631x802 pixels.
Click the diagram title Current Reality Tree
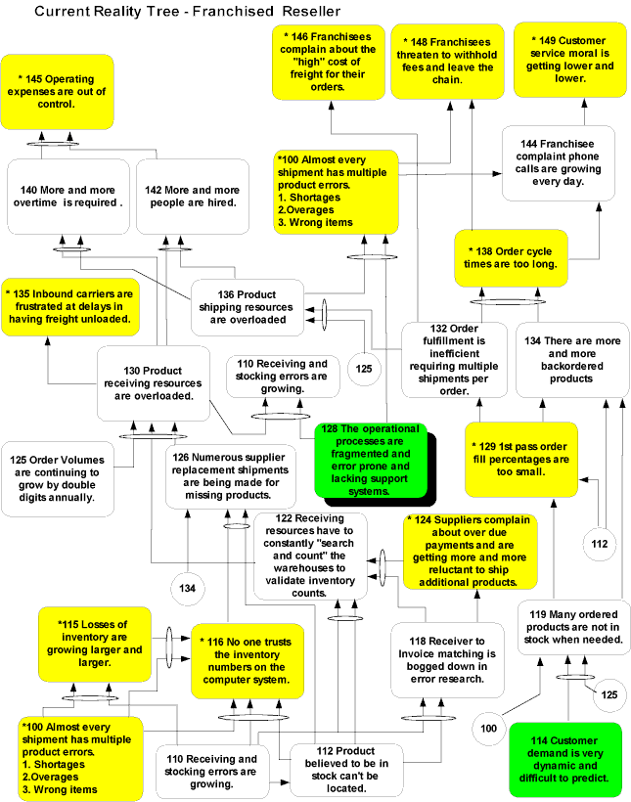pos(187,12)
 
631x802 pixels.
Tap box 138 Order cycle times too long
pos(510,258)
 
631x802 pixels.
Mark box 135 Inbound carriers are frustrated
pos(70,305)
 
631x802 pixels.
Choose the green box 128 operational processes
pos(374,460)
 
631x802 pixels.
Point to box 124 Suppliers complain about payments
pos(470,551)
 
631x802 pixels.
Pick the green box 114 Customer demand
pos(565,760)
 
